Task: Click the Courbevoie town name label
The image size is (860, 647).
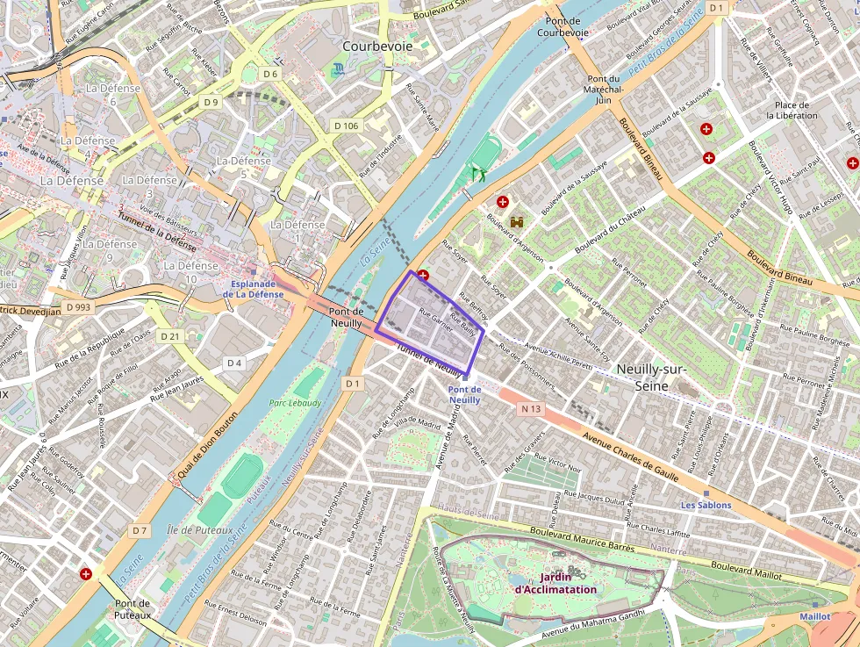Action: coord(377,46)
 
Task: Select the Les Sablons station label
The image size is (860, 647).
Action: coord(706,506)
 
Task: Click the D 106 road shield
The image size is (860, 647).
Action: coord(347,126)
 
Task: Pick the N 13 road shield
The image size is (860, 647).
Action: coord(530,408)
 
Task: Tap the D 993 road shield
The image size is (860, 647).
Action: coord(78,307)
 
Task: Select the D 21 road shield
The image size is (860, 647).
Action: coord(170,336)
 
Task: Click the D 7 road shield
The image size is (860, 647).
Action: coord(140,530)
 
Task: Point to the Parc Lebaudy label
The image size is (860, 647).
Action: coord(295,403)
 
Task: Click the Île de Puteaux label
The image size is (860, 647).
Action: coord(199,530)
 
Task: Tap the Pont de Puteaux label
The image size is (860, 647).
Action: coord(133,609)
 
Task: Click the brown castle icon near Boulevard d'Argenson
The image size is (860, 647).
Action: coord(516,223)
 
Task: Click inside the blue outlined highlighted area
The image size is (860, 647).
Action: coord(430,325)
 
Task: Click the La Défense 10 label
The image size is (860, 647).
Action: coord(191,272)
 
